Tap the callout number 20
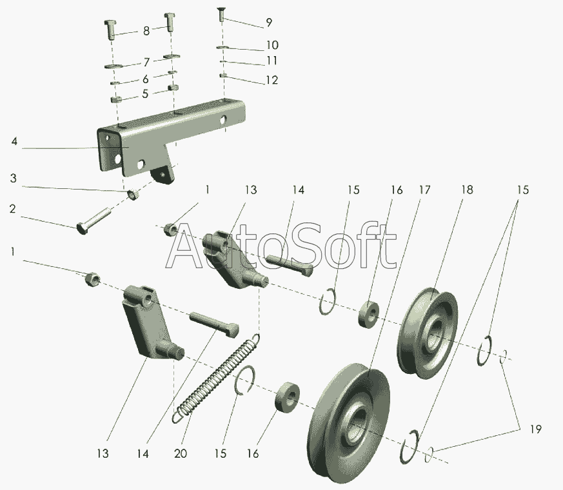(x=181, y=454)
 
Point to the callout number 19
(x=535, y=429)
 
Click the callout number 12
(x=272, y=80)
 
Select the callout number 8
(x=146, y=30)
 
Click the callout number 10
(x=272, y=45)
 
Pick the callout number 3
(x=14, y=177)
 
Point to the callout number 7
(x=146, y=63)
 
